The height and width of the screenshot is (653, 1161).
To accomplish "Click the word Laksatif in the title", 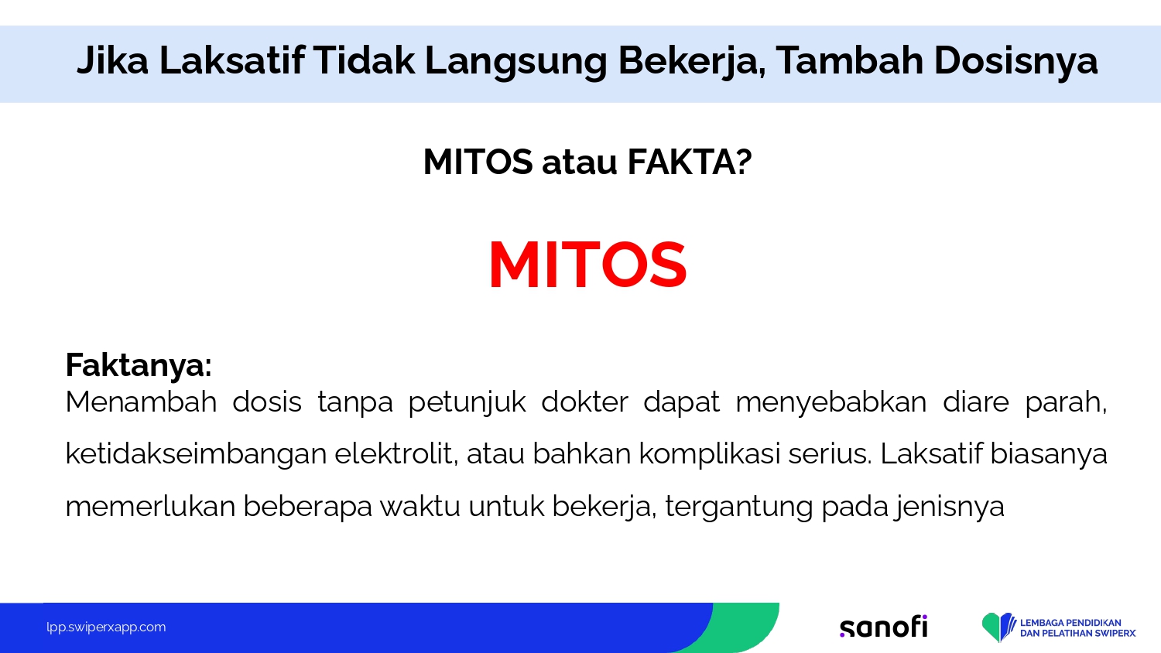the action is pos(231,60).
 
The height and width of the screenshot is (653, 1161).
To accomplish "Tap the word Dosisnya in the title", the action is pos(1015,61).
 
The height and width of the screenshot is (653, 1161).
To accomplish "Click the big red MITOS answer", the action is pos(587,265).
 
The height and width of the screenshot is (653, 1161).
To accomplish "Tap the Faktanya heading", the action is pos(139,365).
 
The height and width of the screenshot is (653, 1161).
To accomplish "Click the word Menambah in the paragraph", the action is pos(141,402).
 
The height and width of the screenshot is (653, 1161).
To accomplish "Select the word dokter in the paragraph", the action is pos(584,402).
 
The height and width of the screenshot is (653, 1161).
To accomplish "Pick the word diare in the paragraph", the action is pos(975,402).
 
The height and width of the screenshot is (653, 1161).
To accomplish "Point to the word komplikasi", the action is pos(709,454).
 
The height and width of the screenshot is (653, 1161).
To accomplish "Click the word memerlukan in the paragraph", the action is pos(150,507).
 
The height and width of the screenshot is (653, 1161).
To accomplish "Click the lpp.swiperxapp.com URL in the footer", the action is pos(106,627).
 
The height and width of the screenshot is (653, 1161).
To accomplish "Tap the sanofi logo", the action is pos(883,626).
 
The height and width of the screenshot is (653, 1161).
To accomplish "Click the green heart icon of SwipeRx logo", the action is pos(991,626).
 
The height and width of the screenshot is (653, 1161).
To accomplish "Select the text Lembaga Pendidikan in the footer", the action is pos(1070,622).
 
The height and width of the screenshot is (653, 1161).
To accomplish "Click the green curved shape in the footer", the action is pos(746,628).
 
